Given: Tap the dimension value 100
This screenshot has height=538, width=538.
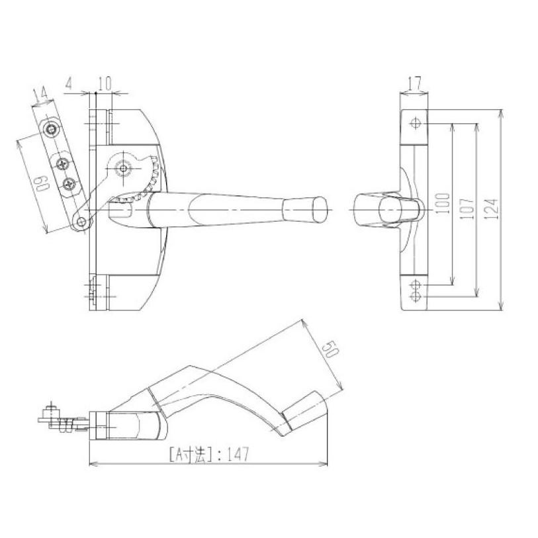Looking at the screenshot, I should click(443, 202).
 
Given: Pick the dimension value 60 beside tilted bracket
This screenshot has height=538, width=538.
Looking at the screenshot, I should click(42, 183).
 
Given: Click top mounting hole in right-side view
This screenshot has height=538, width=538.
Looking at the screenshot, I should click(416, 122).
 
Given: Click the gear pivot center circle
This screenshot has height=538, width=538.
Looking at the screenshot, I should click(123, 168).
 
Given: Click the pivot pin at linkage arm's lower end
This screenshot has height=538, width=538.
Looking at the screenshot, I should click(82, 223).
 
